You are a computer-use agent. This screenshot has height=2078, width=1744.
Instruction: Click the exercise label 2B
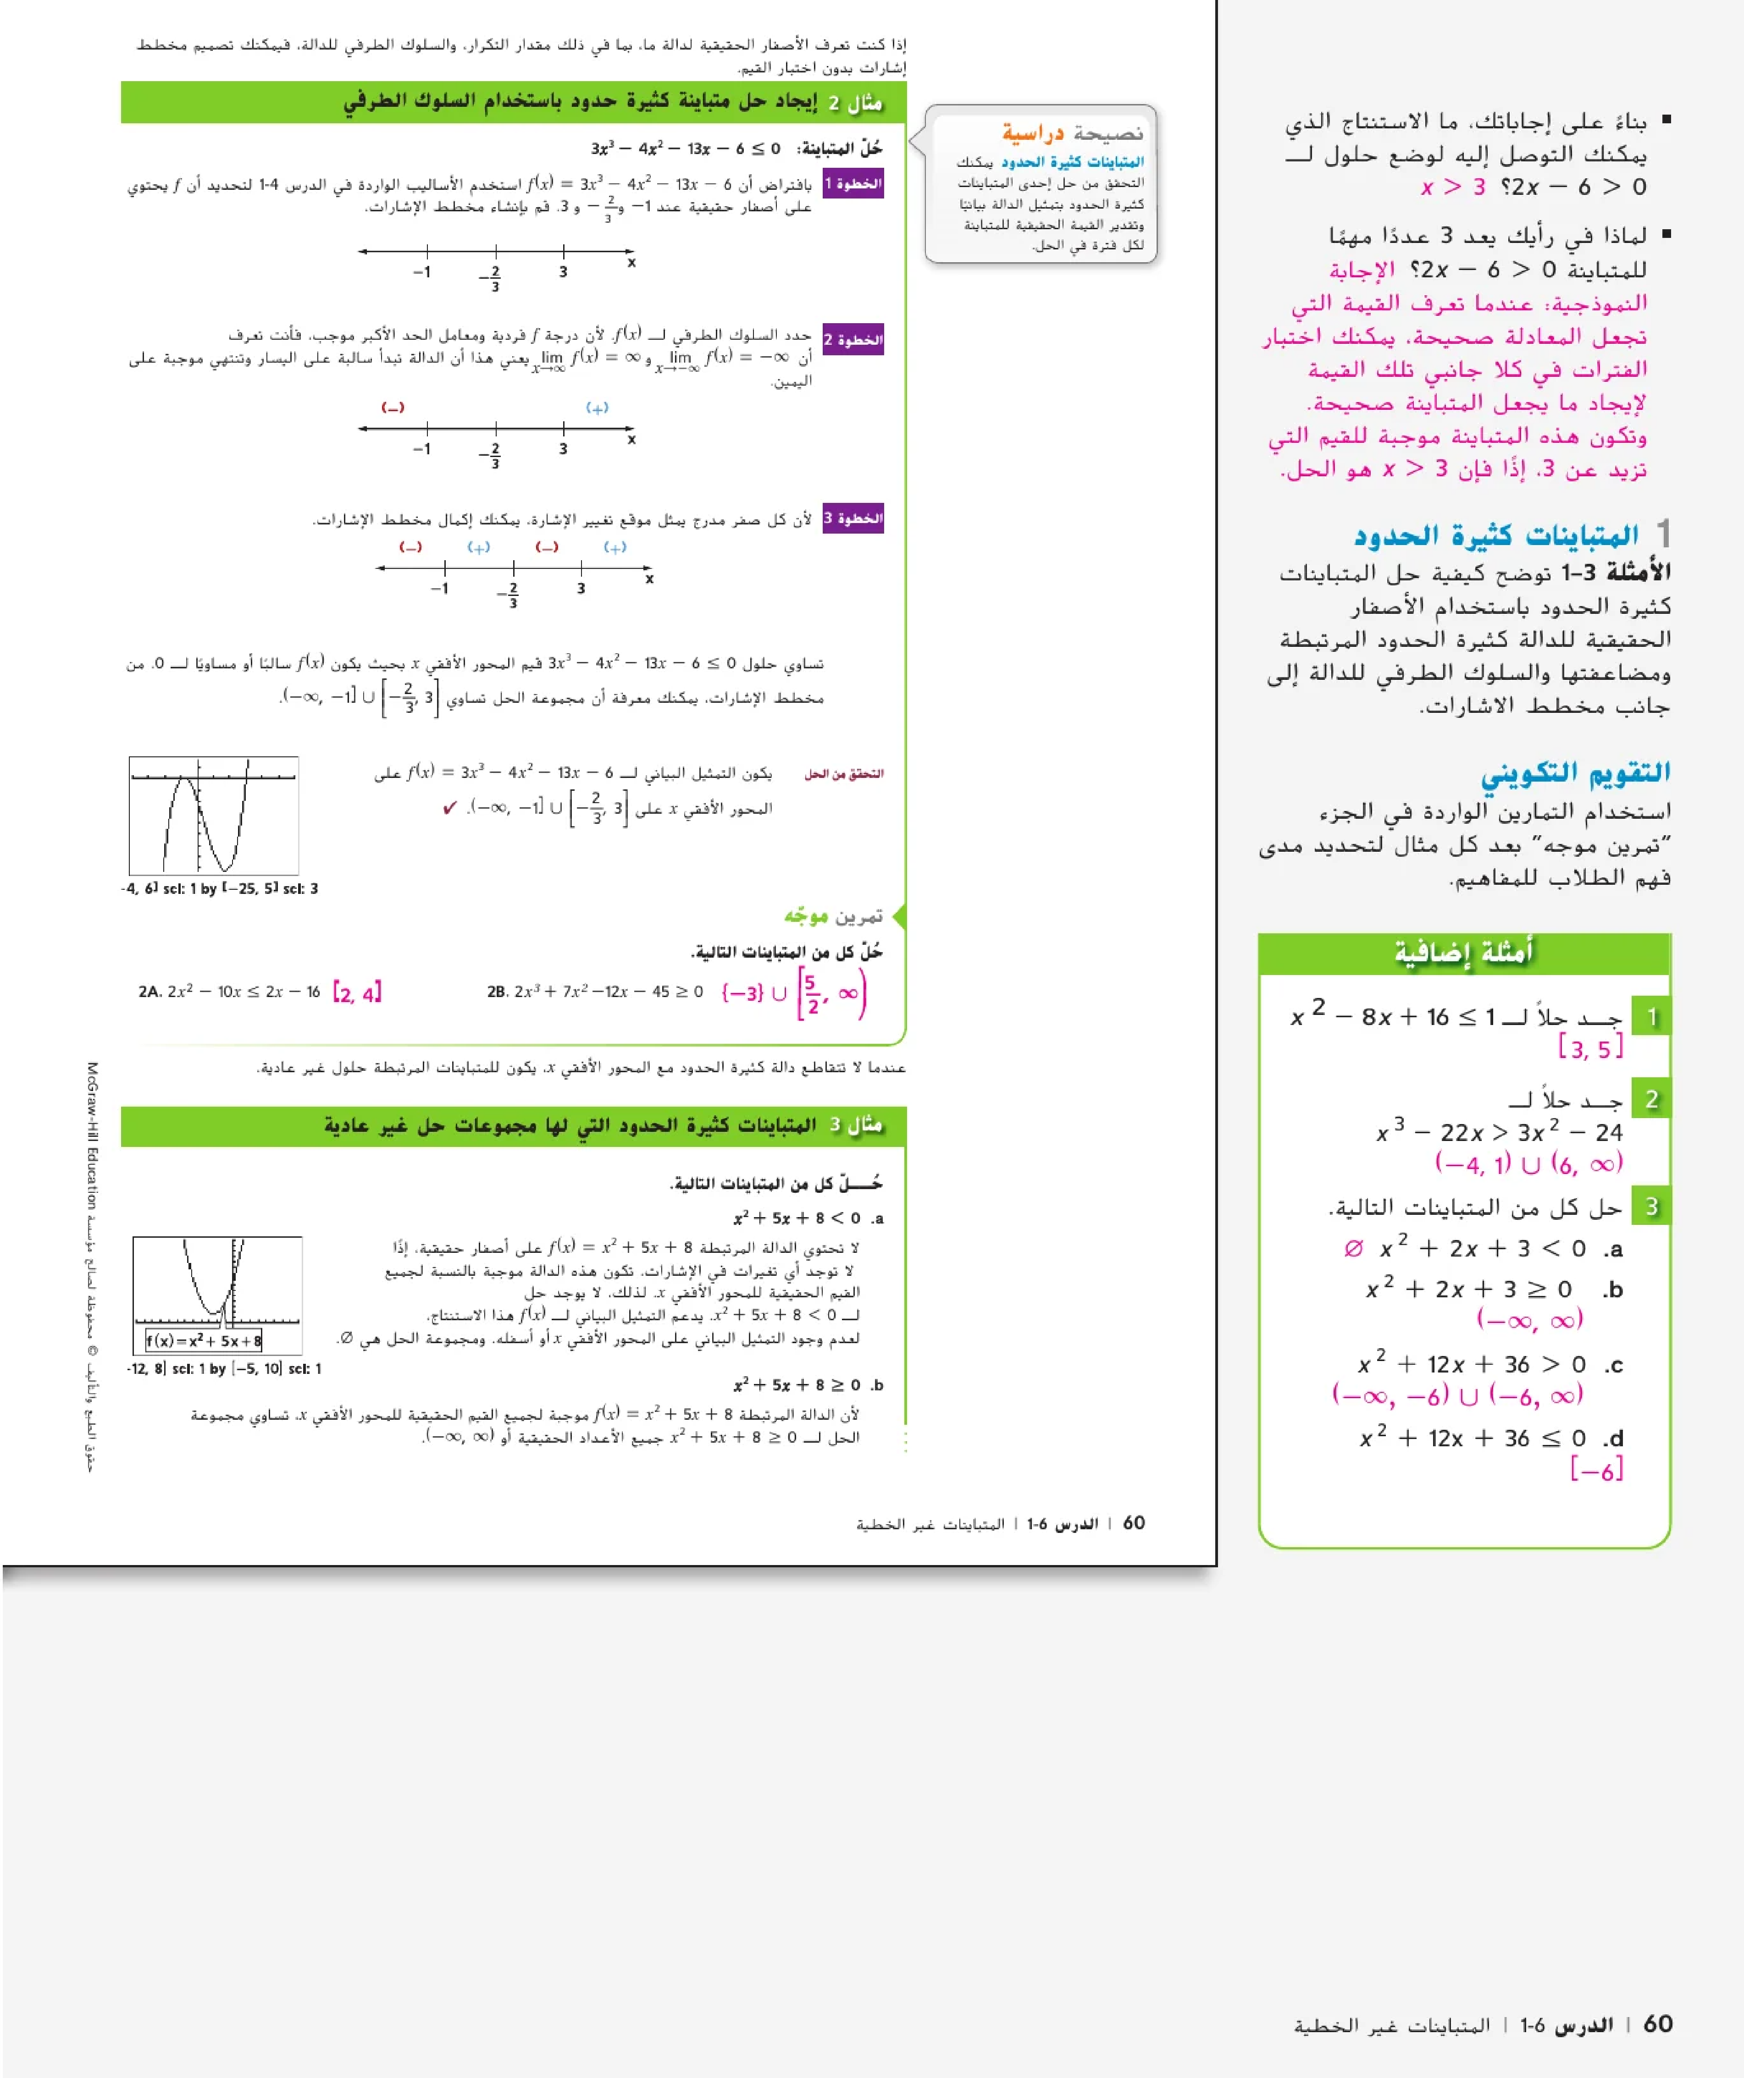pyautogui.click(x=497, y=992)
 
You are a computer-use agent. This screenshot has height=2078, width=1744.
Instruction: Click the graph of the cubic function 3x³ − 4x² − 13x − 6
pyautogui.click(x=214, y=816)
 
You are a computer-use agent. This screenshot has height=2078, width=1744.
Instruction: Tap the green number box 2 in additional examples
pyautogui.click(x=1651, y=1099)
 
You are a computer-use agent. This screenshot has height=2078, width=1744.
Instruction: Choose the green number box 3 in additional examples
pyautogui.click(x=1651, y=1206)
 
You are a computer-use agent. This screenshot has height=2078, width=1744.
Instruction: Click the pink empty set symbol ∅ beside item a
pyautogui.click(x=1353, y=1249)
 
